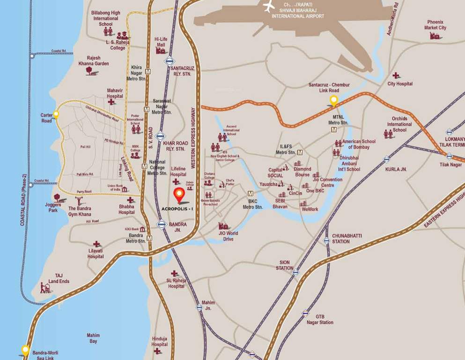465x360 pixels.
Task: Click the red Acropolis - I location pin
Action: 178,195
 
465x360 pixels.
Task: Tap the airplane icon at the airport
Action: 269,7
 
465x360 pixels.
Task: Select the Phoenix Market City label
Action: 435,25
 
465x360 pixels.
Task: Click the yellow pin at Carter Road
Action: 56,114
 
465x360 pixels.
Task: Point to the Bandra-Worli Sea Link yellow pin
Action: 25,349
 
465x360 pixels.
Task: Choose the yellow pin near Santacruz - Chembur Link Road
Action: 333,99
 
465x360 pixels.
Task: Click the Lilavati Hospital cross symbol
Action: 96,244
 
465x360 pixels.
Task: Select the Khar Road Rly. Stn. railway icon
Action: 161,136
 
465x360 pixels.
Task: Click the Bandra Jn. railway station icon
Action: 162,224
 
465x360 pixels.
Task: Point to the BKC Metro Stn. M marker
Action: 251,194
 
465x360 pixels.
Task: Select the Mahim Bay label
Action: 92,338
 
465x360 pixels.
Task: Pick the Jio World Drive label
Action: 228,236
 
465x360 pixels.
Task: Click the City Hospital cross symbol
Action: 396,75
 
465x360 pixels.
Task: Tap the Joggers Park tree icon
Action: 57,198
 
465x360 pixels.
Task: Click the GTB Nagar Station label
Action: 320,319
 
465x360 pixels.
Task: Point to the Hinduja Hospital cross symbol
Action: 157,351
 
